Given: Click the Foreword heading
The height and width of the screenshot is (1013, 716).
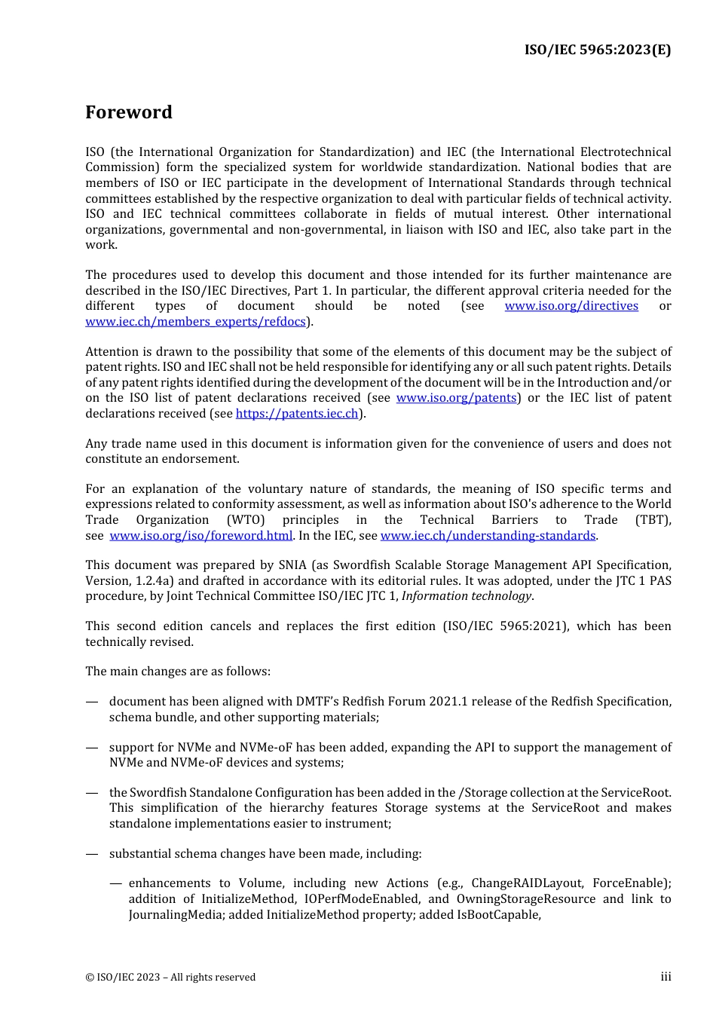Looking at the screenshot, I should pyautogui.click(x=129, y=112).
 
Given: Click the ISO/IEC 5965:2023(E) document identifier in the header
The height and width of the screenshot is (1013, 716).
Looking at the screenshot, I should pyautogui.click(x=597, y=50).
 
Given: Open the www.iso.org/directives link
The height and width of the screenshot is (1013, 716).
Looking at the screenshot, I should pyautogui.click(x=571, y=306).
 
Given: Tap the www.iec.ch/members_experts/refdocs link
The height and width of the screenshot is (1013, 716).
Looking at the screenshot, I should pyautogui.click(x=195, y=322).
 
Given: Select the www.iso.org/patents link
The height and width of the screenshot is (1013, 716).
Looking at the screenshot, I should pyautogui.click(x=456, y=398).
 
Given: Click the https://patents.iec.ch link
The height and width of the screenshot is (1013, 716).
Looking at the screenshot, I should pyautogui.click(x=297, y=414).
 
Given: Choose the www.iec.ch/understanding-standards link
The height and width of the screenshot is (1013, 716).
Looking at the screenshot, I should pyautogui.click(x=488, y=536).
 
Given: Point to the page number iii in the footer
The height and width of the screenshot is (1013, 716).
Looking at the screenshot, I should pyautogui.click(x=666, y=977).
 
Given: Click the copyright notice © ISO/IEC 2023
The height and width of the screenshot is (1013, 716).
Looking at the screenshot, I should pyautogui.click(x=170, y=978).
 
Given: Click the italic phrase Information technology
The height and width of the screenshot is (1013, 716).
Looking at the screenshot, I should pyautogui.click(x=467, y=596).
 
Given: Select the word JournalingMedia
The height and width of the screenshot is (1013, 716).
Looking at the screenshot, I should pyautogui.click(x=176, y=915).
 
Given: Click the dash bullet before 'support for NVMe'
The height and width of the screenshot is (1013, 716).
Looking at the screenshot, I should pyautogui.click(x=92, y=748).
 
